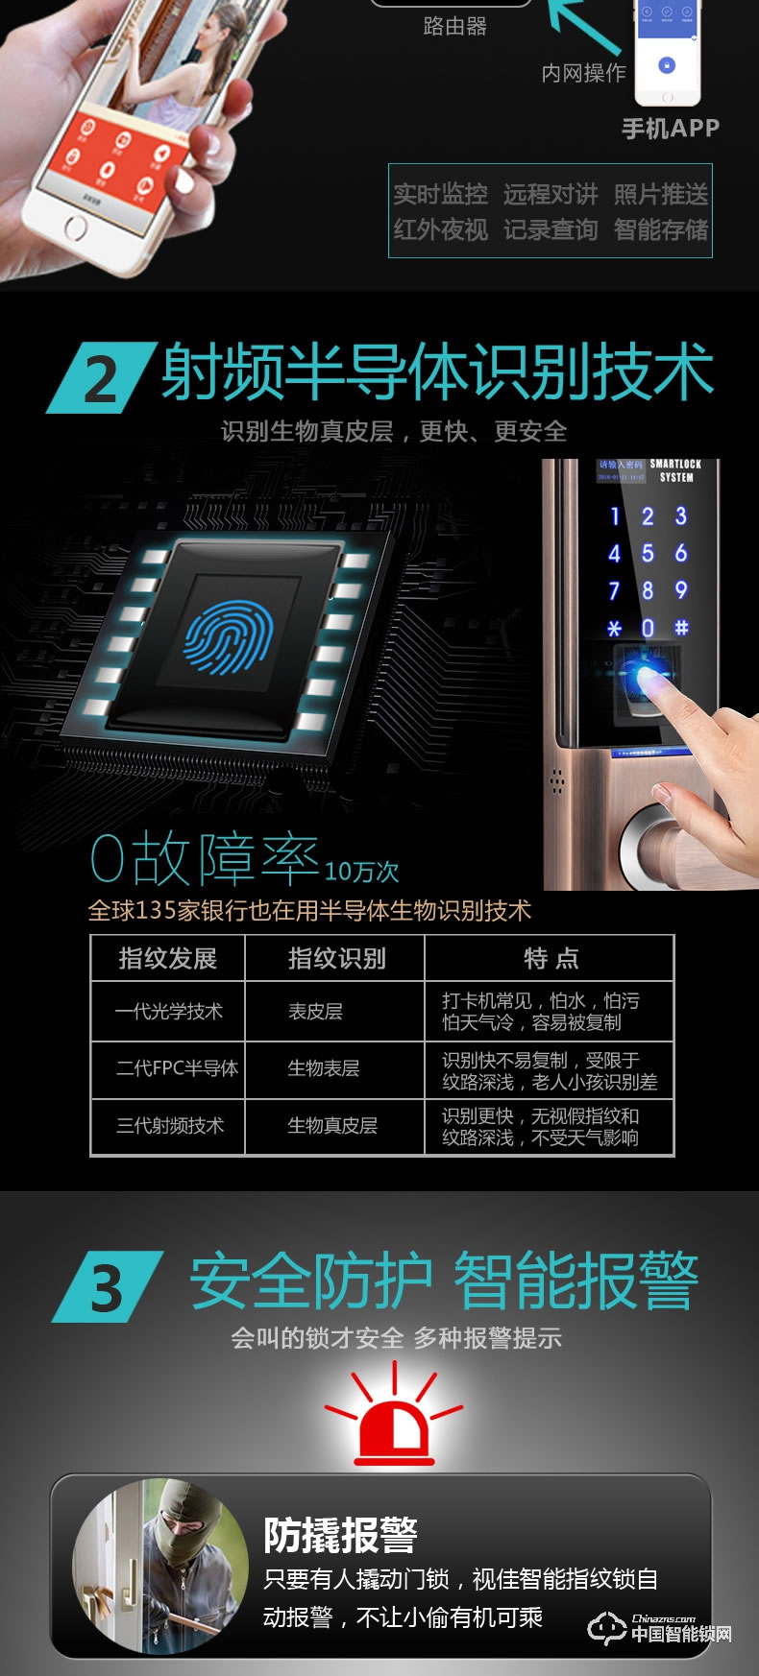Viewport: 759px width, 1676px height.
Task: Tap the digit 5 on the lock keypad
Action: click(648, 554)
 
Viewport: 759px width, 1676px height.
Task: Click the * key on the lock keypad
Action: click(615, 629)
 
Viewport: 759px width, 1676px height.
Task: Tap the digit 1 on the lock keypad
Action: click(615, 516)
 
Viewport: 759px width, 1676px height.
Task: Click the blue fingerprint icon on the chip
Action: click(228, 637)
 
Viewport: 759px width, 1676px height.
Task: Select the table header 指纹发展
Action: click(168, 958)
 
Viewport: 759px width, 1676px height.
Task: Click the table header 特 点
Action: click(551, 958)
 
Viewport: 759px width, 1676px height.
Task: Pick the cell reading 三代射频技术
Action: click(169, 1125)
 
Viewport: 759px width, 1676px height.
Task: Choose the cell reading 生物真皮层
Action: click(332, 1125)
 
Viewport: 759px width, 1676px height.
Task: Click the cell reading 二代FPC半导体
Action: click(177, 1068)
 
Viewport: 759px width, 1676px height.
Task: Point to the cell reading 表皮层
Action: click(315, 1012)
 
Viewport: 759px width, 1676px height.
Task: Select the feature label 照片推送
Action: click(660, 195)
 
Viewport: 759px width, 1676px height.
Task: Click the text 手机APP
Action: click(670, 129)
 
